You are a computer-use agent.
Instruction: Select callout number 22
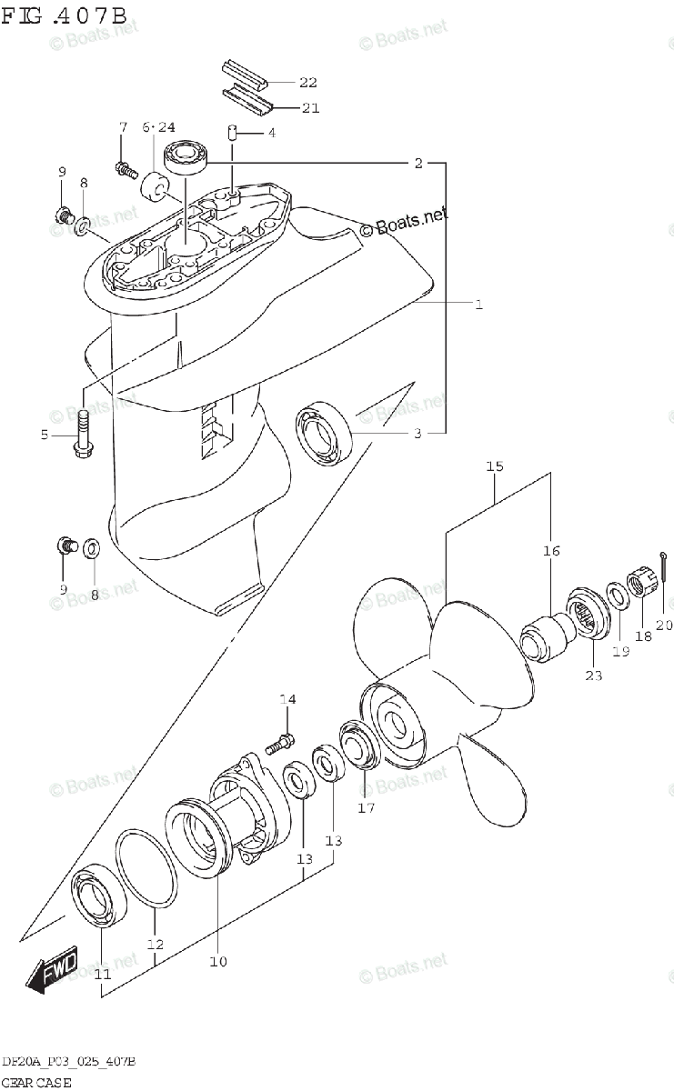click(308, 83)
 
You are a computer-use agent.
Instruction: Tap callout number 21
click(310, 107)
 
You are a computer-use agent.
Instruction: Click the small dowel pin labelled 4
click(233, 132)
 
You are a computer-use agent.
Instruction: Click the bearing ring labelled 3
click(324, 433)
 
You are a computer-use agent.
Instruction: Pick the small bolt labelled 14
click(280, 745)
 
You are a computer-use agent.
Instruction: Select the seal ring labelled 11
click(99, 896)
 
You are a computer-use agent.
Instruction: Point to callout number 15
click(494, 466)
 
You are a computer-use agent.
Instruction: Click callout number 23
click(594, 675)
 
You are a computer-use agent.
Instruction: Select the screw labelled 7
click(126, 169)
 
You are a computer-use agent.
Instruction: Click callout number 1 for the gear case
click(479, 305)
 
